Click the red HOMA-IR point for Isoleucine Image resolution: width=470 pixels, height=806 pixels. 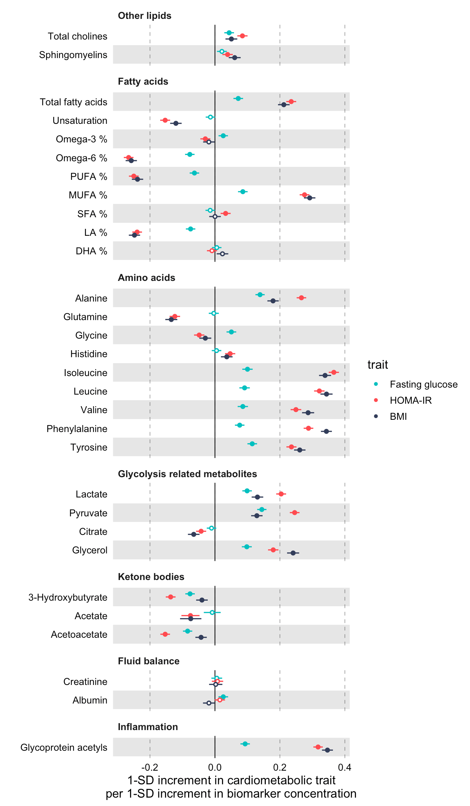334,372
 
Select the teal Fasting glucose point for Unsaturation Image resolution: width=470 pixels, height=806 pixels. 210,117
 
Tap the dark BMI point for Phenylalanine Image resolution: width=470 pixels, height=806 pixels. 326,431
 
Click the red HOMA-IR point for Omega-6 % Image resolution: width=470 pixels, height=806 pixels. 129,157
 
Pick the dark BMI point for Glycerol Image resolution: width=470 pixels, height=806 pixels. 293,553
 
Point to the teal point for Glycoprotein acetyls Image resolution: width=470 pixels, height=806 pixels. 245,744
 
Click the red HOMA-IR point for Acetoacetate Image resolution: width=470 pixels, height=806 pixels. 165,634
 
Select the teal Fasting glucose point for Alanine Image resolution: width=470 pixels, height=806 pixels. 260,295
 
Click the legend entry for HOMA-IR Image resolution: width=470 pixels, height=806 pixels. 411,401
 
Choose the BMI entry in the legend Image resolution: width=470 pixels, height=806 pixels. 398,417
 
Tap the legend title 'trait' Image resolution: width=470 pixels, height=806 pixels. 378,365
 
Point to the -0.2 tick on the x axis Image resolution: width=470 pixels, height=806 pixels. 150,768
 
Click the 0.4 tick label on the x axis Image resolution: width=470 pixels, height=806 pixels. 345,768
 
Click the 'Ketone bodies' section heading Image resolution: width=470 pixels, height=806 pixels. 151,577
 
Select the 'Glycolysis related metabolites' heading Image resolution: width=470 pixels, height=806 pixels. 187,474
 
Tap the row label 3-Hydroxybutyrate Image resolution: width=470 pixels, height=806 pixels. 68,598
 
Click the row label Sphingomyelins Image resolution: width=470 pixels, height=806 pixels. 73,55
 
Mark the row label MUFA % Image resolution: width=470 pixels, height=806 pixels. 88,195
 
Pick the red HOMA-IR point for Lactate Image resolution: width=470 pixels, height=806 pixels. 281,494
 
